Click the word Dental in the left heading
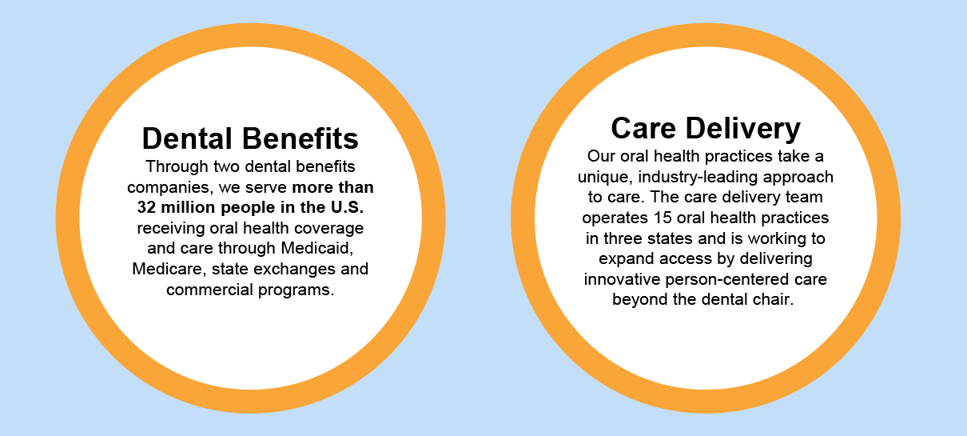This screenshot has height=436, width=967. click(187, 138)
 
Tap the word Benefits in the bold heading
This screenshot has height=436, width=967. click(300, 138)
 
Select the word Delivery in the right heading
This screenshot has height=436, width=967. click(742, 129)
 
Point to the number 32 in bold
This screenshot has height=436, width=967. click(146, 207)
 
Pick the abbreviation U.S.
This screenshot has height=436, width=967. click(347, 207)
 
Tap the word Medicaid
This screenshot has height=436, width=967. click(317, 248)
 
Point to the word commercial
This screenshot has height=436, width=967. click(209, 290)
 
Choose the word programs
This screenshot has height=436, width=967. click(296, 290)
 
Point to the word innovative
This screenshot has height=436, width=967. click(622, 279)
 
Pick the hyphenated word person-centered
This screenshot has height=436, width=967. click(727, 280)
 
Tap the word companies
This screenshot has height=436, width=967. click(170, 188)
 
